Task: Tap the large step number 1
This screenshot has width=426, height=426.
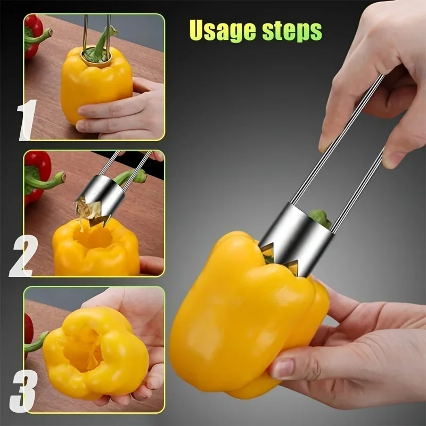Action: tap(27, 120)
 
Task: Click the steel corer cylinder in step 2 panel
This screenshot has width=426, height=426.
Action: tap(103, 195)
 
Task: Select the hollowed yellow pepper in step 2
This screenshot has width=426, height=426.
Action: tap(96, 247)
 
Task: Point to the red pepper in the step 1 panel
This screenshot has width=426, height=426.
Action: tap(33, 37)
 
